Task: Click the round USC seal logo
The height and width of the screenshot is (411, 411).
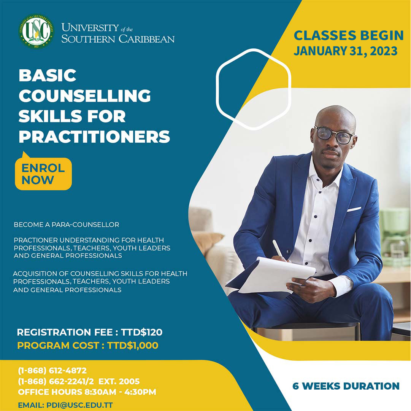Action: pyautogui.click(x=36, y=31)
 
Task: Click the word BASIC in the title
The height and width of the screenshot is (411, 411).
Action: pyautogui.click(x=48, y=75)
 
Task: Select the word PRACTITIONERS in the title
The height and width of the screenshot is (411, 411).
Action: pyautogui.click(x=94, y=137)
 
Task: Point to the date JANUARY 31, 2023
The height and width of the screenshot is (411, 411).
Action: pyautogui.click(x=346, y=51)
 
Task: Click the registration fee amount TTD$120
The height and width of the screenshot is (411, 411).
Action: pyautogui.click(x=141, y=332)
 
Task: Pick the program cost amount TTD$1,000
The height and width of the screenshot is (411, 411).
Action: pyautogui.click(x=133, y=346)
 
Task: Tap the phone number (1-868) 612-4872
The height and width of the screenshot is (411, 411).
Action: pyautogui.click(x=52, y=371)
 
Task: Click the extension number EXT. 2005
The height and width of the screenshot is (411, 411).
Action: pyautogui.click(x=119, y=381)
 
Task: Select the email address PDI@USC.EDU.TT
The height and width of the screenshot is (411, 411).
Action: pyautogui.click(x=80, y=405)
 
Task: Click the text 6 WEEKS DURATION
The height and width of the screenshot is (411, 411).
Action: pyautogui.click(x=346, y=386)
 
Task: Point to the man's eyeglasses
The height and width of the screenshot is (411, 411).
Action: pyautogui.click(x=334, y=135)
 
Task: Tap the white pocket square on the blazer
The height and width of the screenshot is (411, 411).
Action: pyautogui.click(x=354, y=209)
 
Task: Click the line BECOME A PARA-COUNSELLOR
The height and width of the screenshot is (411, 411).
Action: pyautogui.click(x=66, y=225)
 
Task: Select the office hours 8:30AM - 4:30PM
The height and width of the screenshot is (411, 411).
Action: pyautogui.click(x=120, y=392)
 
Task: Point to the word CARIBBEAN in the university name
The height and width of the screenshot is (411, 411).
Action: pyautogui.click(x=146, y=39)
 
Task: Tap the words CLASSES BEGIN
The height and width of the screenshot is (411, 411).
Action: pyautogui.click(x=349, y=35)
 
